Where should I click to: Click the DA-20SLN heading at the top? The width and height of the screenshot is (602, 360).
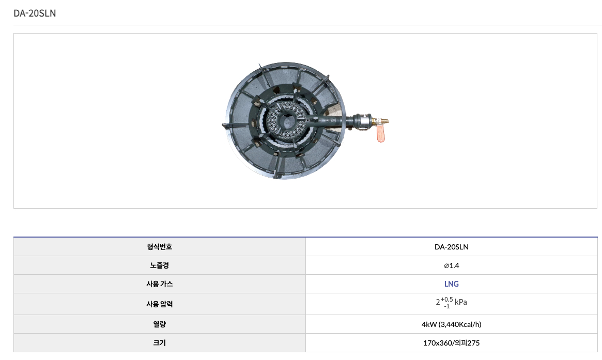(x=35, y=13)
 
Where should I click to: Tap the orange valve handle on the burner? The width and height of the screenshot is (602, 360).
(x=380, y=133)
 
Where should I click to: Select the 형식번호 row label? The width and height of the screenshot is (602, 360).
(x=159, y=247)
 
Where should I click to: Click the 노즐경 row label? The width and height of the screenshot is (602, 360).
(x=159, y=265)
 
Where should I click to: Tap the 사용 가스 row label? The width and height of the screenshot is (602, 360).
(x=159, y=284)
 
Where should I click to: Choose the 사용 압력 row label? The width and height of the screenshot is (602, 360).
(x=159, y=304)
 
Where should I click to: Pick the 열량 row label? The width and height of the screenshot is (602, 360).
(x=159, y=324)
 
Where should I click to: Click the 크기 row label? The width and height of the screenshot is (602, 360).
(x=159, y=343)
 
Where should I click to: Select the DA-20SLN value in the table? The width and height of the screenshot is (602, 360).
(x=452, y=247)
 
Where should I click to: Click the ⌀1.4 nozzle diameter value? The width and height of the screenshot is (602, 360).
(x=452, y=265)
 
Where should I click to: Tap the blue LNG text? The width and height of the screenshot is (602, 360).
(x=452, y=284)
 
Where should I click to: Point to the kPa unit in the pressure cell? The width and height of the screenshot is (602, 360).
(x=461, y=302)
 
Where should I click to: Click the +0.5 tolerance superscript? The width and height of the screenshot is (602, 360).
(x=447, y=300)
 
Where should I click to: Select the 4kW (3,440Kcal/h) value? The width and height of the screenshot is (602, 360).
(x=452, y=324)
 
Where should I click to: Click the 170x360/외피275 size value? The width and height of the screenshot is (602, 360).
(x=452, y=343)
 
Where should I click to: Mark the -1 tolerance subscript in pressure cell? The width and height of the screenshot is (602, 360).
(x=446, y=306)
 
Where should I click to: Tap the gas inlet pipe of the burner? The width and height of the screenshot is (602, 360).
(x=338, y=121)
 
